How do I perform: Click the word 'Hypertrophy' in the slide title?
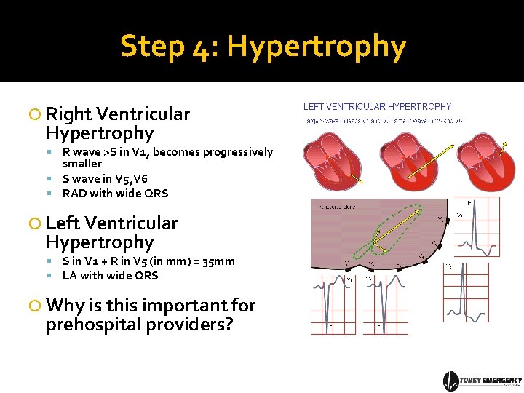[x=316, y=47]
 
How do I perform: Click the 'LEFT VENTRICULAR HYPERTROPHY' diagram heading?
[x=377, y=107]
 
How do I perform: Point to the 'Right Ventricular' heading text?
[x=117, y=114]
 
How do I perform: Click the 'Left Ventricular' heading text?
[x=111, y=223]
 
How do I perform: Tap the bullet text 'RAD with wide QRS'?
[x=115, y=194]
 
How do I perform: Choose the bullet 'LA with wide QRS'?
[x=110, y=276]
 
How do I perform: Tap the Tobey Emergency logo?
[x=482, y=381]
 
